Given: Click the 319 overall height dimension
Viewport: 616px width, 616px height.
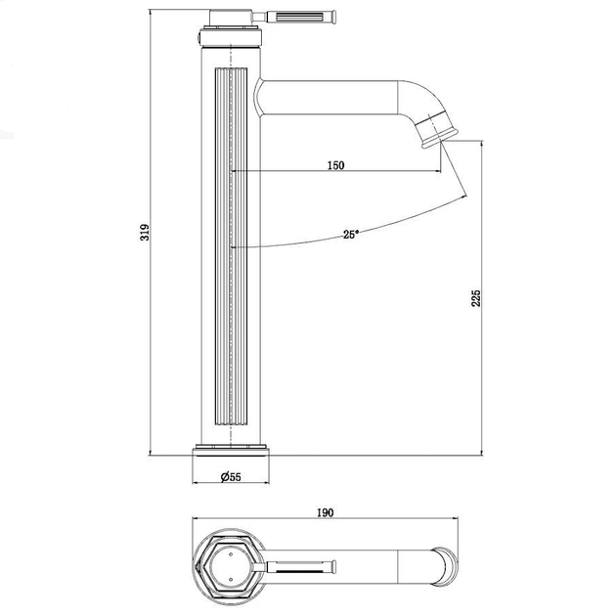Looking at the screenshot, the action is click(x=145, y=232).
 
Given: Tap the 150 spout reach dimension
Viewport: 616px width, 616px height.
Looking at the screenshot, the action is click(x=336, y=165).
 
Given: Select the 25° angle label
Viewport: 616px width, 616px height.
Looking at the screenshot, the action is click(x=351, y=235).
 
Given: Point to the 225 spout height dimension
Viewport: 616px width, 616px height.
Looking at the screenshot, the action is click(x=476, y=298).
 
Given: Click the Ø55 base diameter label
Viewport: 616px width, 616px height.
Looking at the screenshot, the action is click(x=231, y=477).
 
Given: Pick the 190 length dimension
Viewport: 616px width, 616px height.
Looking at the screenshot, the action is click(x=326, y=512).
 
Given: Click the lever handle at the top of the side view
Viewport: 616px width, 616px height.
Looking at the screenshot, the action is click(x=294, y=17).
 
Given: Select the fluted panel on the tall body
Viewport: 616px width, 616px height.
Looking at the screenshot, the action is click(x=231, y=246).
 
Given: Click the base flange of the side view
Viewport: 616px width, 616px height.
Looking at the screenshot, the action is click(x=231, y=450).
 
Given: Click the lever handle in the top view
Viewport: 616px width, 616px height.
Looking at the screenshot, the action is click(x=295, y=566).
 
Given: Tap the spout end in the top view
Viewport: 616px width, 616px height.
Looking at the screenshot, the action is click(x=445, y=567).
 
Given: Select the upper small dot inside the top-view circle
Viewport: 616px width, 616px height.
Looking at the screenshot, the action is click(x=231, y=554).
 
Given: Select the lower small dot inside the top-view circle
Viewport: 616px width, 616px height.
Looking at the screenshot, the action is click(x=231, y=580).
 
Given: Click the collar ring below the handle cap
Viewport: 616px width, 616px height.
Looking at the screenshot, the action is click(x=231, y=36).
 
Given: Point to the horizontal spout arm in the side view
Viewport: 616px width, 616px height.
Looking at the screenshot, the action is click(x=328, y=98).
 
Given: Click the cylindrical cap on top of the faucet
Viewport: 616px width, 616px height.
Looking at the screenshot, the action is click(x=231, y=18).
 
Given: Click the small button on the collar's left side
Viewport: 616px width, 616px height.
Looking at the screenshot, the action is click(x=198, y=38).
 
